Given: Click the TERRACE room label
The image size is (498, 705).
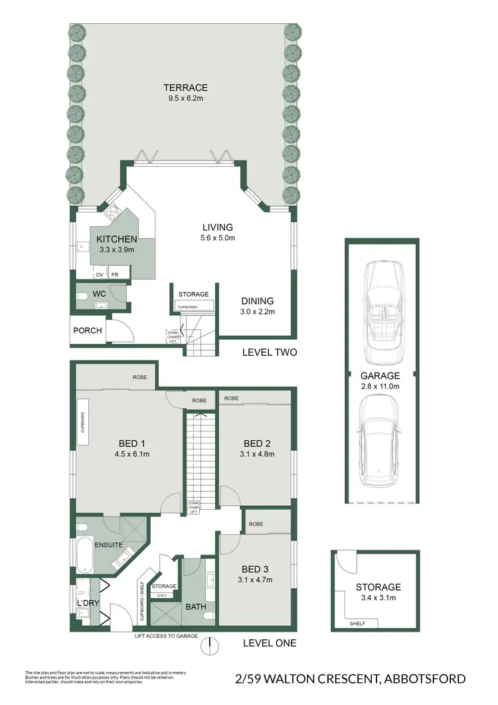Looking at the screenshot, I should pos(187,87).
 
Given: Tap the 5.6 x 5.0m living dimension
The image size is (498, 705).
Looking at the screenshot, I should pos(218,238).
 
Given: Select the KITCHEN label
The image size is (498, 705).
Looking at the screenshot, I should pos(116,239).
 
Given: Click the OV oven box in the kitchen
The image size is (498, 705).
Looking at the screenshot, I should pos(100,274).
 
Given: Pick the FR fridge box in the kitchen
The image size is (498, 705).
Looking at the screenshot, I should pos(115,274).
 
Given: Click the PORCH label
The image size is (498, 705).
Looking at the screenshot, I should pos(88,330).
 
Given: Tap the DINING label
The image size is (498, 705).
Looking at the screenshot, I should pos(256,300).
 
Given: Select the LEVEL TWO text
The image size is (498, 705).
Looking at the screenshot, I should pos(270,352).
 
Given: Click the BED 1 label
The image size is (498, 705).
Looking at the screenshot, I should pos(129,443).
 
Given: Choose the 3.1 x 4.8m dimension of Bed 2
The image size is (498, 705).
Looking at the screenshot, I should pos(256,455).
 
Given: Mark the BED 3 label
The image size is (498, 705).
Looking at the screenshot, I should pos(256,569).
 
